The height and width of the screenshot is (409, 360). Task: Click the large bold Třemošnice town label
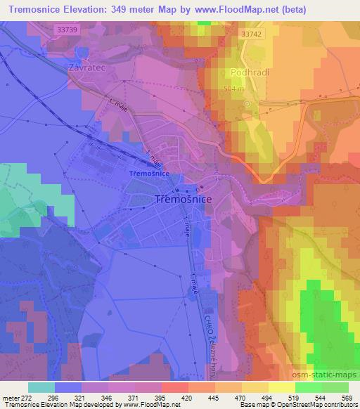click(183, 200)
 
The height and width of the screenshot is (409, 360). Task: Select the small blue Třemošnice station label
click(149, 173)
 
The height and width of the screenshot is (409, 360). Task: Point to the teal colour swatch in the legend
click(41, 387)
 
